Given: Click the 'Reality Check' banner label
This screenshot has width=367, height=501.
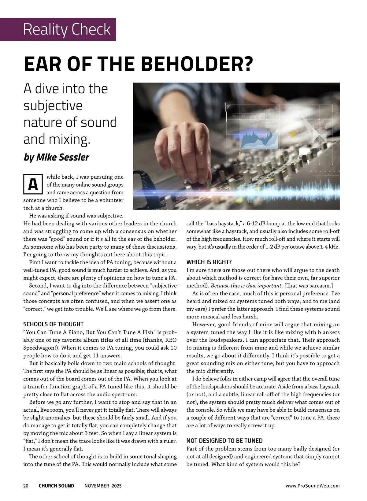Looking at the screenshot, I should tap(67, 29).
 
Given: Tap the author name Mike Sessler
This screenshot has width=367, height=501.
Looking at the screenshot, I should tap(63, 157).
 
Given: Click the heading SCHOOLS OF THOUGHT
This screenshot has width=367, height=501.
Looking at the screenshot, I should tap(54, 324).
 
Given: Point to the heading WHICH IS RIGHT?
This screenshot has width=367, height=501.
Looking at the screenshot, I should tap(209, 262).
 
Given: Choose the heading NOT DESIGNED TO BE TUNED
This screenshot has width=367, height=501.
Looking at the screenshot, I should tap(224, 441).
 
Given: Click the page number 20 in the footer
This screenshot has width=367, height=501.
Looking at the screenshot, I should tap(26, 486).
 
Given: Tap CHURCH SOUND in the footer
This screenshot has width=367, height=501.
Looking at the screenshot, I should tap(56, 486).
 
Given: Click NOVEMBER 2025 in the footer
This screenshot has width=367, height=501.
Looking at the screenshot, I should tap(103, 486).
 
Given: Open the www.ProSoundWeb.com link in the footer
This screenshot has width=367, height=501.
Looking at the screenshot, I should tap(313, 486).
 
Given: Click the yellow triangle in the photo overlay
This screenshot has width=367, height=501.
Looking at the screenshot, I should tap(293, 134).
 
